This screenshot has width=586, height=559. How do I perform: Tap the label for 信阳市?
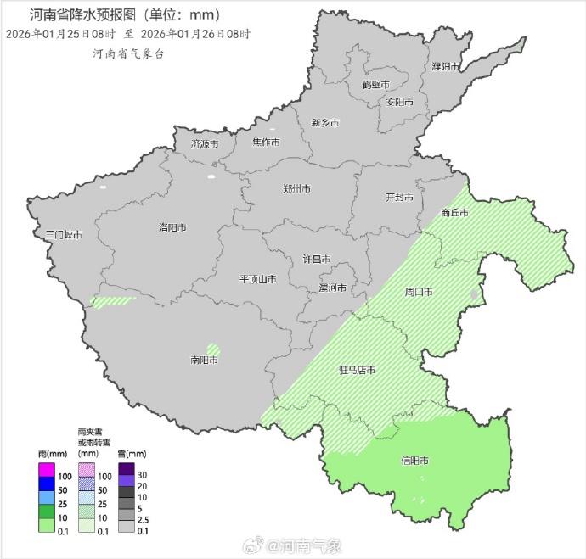[414, 461]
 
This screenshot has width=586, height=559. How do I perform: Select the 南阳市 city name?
[205, 360]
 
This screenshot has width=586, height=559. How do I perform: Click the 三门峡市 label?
[64, 234]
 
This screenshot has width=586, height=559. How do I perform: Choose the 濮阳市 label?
[445, 66]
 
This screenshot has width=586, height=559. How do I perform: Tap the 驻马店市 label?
[358, 370]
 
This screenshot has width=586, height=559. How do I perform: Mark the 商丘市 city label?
[455, 213]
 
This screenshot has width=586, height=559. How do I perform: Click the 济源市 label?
[205, 144]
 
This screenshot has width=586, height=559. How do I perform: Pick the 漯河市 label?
[332, 288]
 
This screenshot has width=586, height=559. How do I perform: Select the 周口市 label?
[419, 292]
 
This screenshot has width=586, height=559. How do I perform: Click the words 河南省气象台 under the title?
[128, 53]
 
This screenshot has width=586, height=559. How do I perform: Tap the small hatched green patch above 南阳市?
[213, 348]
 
